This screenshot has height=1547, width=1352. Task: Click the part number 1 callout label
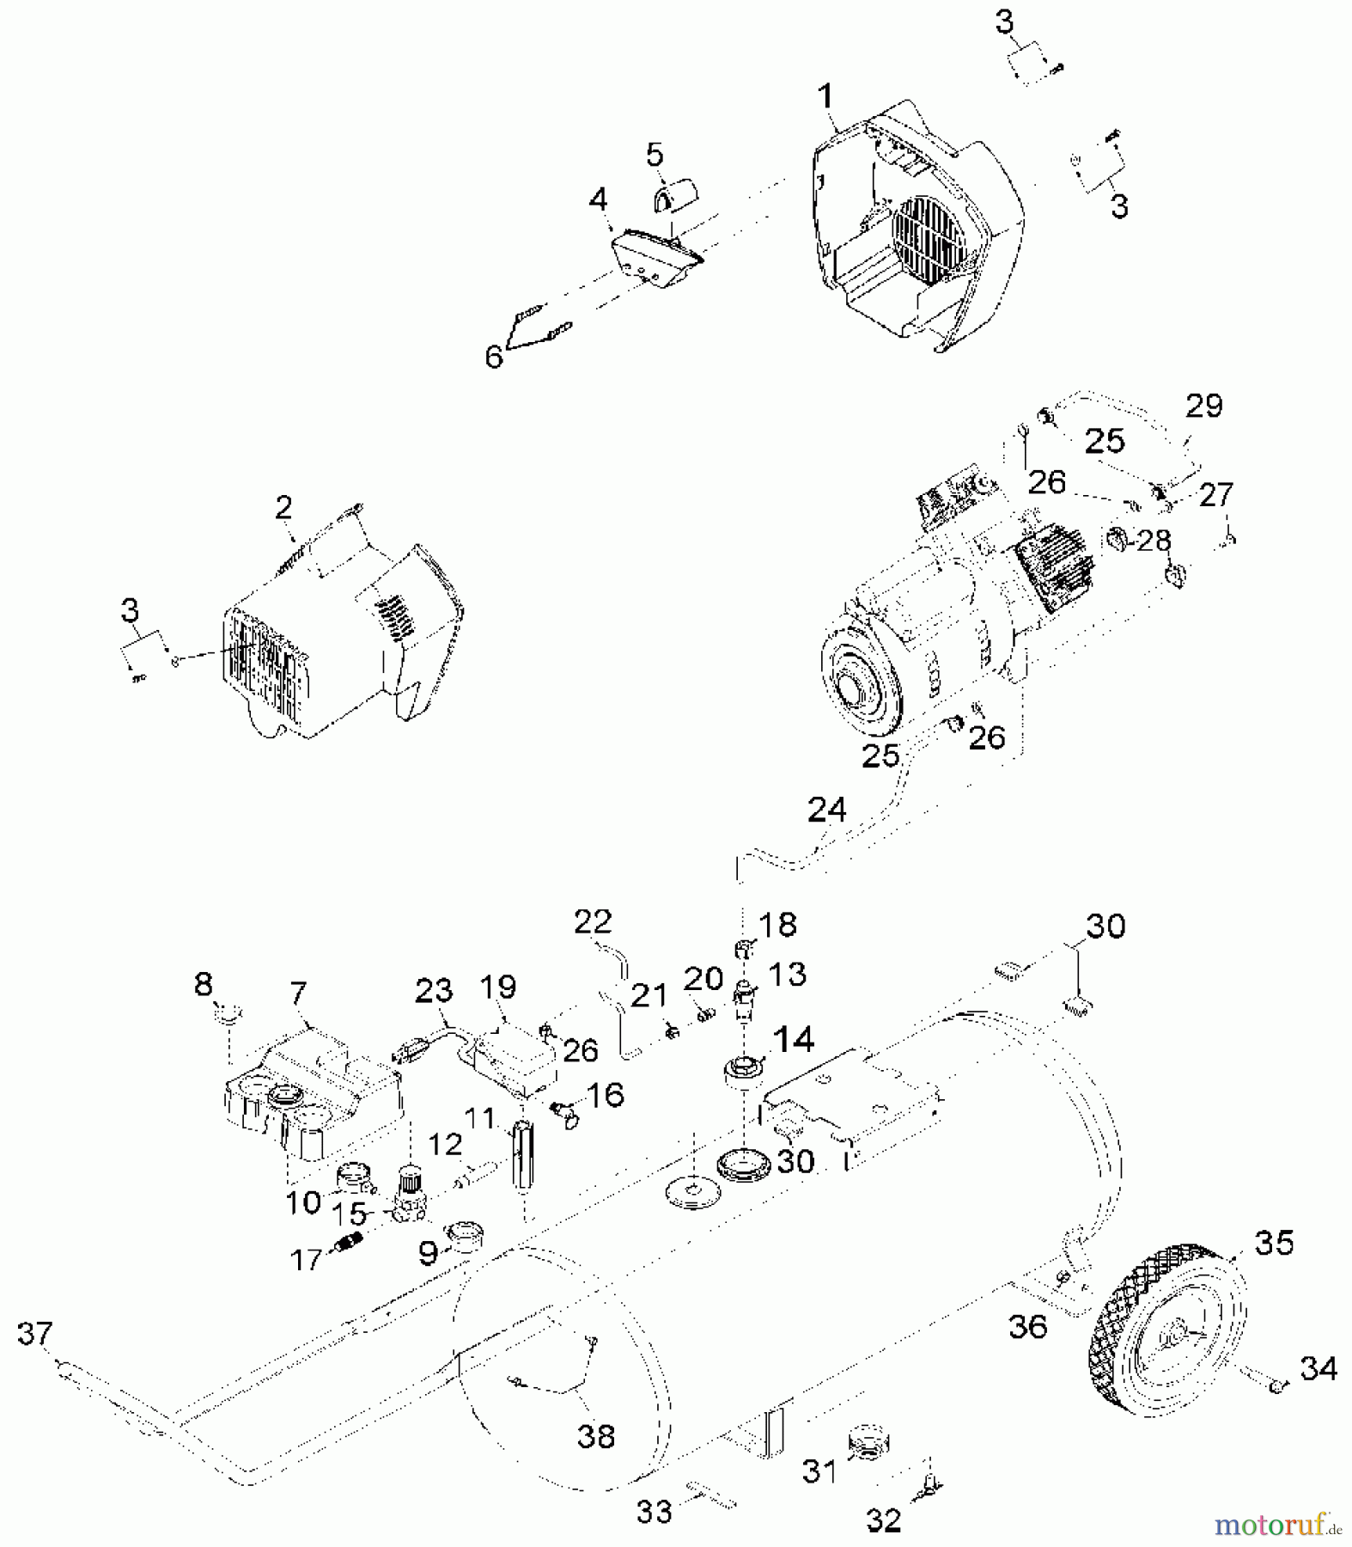tap(825, 96)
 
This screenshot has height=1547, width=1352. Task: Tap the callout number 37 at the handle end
tap(34, 1334)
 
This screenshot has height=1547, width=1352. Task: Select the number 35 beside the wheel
tap(1274, 1242)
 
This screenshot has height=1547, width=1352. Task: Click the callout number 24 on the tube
tap(826, 810)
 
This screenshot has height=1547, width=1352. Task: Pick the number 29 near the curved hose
tap(1203, 406)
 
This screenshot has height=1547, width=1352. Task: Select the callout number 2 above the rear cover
tap(284, 508)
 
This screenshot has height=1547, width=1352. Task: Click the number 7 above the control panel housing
tap(298, 994)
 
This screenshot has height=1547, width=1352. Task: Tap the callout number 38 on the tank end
tap(595, 1435)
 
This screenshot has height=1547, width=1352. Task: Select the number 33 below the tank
tap(654, 1511)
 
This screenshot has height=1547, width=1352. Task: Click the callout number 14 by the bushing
tap(793, 1040)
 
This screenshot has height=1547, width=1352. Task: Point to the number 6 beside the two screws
tap(493, 355)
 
